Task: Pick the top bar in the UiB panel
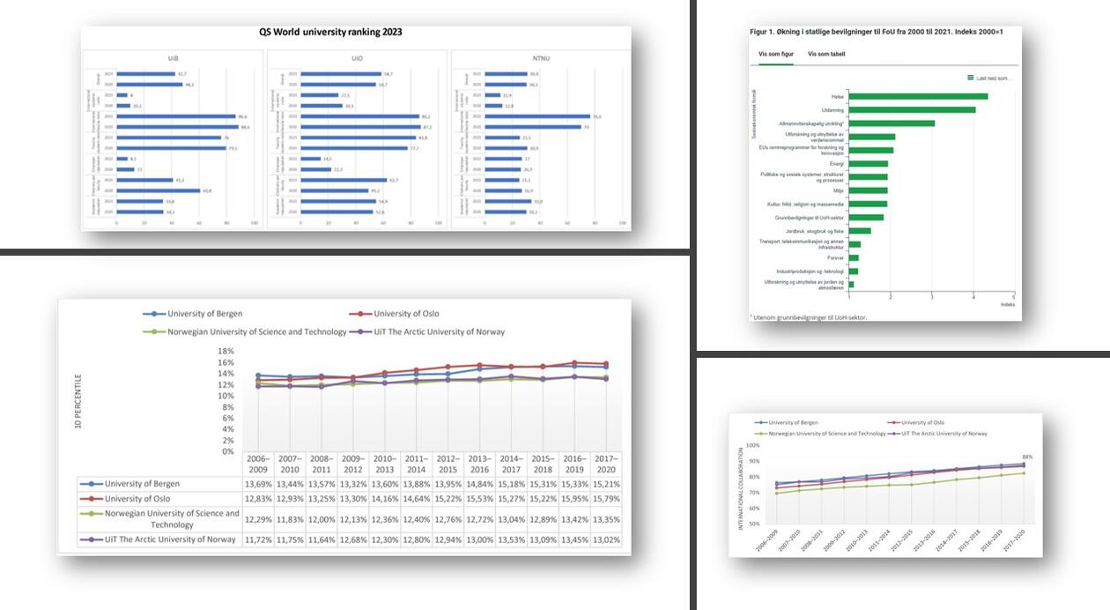coord(146,74)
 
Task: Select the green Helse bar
coord(918,96)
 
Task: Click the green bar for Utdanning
coord(912,110)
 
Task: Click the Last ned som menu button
coord(990,78)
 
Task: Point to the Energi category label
coord(837,163)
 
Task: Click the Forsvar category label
coord(836,258)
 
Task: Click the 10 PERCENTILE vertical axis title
coord(80,400)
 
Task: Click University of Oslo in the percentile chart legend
coord(405,314)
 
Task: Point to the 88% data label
coord(1027,457)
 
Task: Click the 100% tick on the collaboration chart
coord(752,445)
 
